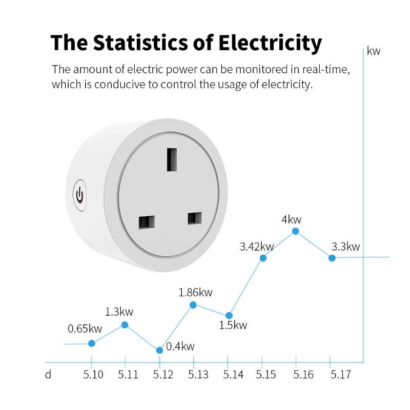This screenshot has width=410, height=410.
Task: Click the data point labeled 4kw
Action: (296, 231)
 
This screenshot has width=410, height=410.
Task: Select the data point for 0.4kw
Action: (159, 350)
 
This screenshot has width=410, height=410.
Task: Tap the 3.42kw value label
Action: (257, 247)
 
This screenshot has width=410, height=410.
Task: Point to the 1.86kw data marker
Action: (193, 305)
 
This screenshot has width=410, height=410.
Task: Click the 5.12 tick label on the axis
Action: (163, 375)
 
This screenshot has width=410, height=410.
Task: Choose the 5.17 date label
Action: (340, 375)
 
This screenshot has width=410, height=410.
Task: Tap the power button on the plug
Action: (79, 195)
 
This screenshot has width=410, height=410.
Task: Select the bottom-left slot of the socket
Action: (146, 222)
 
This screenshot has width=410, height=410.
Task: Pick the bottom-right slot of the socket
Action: (194, 218)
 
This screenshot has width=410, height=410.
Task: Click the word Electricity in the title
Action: (270, 43)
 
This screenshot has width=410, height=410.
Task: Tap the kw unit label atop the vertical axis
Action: (374, 51)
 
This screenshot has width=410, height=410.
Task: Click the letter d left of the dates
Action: (48, 375)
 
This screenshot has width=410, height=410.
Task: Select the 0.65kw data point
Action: (92, 343)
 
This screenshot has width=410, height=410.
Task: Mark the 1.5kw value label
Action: (233, 325)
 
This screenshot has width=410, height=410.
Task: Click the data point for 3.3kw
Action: (332, 258)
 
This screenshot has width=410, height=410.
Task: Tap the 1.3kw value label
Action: (119, 312)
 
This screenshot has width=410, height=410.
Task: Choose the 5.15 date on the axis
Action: (266, 375)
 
